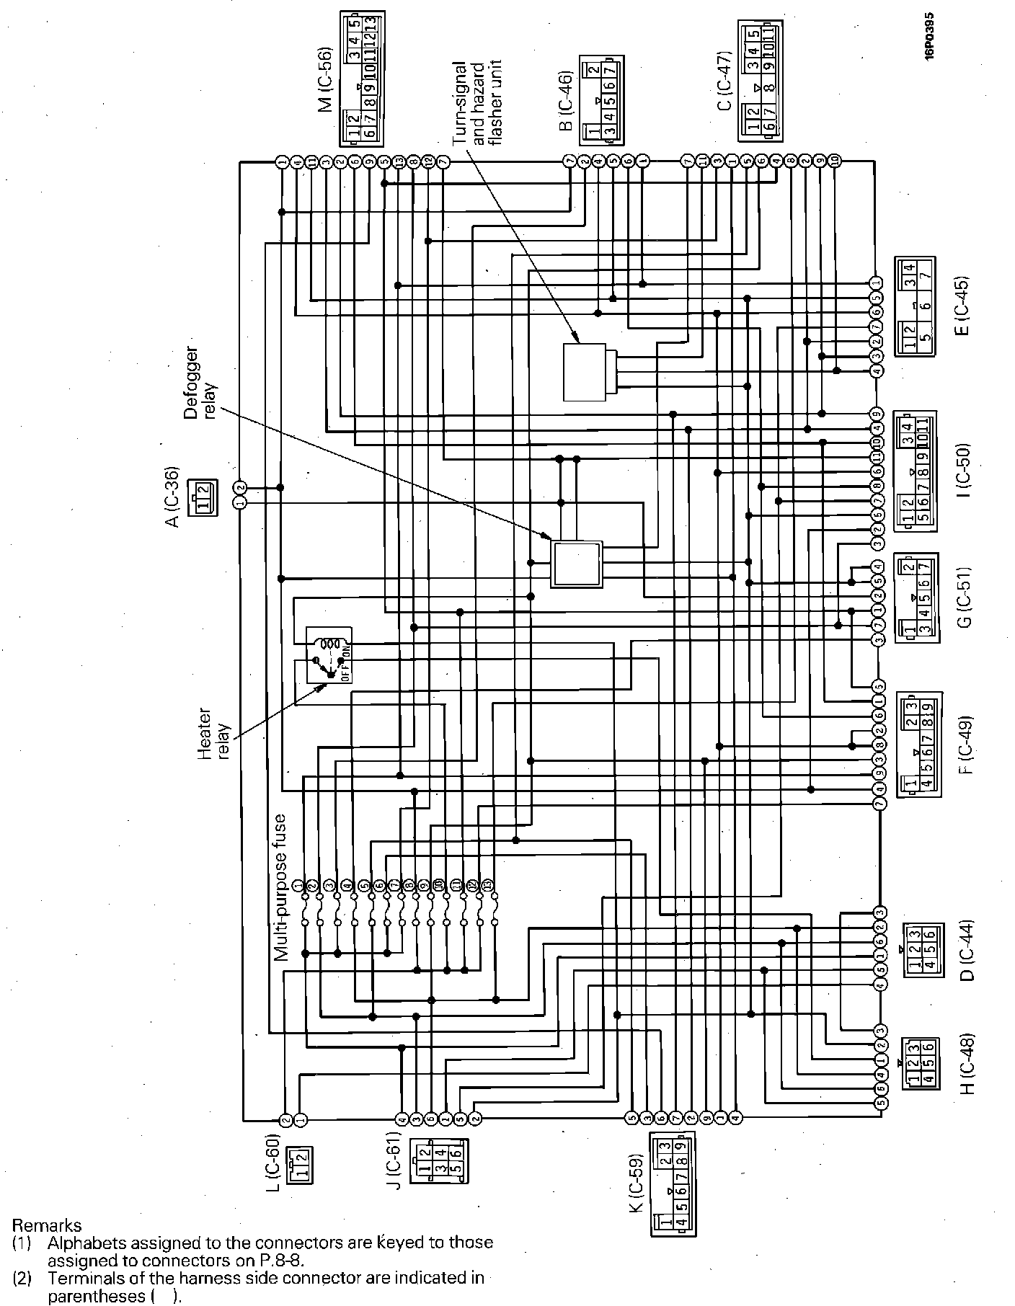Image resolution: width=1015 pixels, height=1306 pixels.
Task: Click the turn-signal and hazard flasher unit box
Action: pos(585,372)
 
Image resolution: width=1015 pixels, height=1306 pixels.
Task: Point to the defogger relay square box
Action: pos(576,564)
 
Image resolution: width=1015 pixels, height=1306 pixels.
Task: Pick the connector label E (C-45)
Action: pos(962,306)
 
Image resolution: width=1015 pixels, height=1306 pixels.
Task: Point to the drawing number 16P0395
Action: pos(931,36)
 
